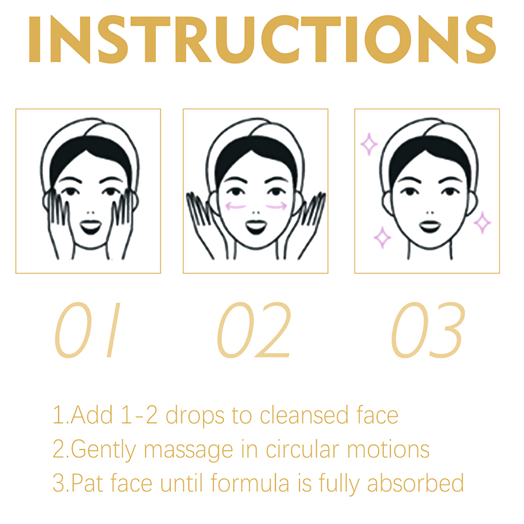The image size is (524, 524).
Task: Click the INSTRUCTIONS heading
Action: tap(262, 39)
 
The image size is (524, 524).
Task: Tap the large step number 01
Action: tap(88, 330)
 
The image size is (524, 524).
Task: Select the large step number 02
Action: tap(254, 330)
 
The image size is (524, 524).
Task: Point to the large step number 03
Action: tap(428, 330)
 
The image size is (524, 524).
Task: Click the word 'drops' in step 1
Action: tap(195, 416)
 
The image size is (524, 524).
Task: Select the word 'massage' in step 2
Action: tap(189, 451)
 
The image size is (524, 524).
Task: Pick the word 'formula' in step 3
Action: tap(250, 483)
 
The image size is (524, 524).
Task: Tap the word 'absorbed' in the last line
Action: tap(415, 483)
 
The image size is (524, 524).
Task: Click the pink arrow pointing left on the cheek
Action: tap(236, 206)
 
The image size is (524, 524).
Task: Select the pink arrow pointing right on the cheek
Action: tap(276, 206)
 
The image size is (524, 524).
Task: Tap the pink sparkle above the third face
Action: tap(369, 144)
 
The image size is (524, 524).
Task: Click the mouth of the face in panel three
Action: tap(430, 227)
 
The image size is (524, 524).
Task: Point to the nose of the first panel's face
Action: tap(90, 212)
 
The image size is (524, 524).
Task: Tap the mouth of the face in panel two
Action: tap(256, 227)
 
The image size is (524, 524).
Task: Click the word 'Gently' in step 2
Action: tap(103, 451)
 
